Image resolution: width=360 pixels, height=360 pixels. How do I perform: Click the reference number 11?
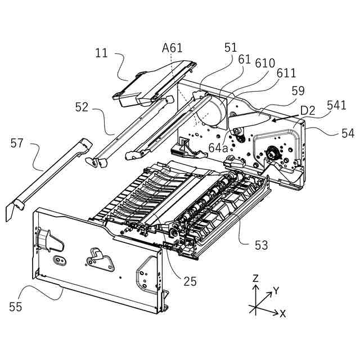tap(101, 54)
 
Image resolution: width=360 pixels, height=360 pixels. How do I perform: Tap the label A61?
tap(173, 48)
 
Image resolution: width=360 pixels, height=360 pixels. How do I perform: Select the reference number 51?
tap(231, 48)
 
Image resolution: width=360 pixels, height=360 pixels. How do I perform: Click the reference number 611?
tap(286, 74)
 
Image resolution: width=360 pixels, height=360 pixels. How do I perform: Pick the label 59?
tap(298, 90)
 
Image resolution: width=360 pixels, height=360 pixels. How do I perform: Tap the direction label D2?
tap(307, 110)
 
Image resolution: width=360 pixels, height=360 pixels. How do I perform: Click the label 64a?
tap(218, 148)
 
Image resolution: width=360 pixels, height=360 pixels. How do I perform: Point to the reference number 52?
tap(82, 107)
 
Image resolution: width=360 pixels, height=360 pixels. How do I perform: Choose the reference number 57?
tap(17, 143)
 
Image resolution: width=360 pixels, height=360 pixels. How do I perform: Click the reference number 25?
tap(190, 281)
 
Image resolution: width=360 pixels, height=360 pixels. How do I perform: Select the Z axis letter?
tap(255, 278)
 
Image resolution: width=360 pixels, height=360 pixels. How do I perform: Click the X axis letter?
tap(282, 314)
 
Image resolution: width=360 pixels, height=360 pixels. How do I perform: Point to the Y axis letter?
tap(276, 291)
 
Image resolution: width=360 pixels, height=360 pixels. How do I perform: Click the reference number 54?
tap(348, 133)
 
